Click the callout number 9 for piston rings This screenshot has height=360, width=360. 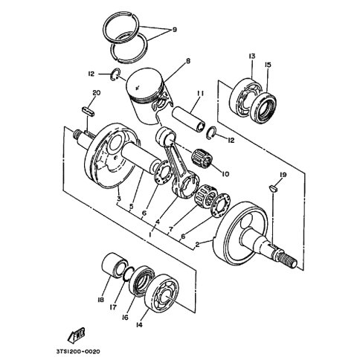click(x=175, y=30)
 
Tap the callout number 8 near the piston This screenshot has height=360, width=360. click(x=188, y=60)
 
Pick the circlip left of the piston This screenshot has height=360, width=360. click(x=115, y=74)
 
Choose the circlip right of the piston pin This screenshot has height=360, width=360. click(x=211, y=133)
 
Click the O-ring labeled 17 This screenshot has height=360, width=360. click(x=129, y=274)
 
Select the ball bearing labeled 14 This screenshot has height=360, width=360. click(x=161, y=292)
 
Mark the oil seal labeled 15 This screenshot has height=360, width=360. click(x=263, y=108)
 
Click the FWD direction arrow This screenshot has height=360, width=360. click(x=77, y=335)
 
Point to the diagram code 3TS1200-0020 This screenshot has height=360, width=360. click(x=77, y=352)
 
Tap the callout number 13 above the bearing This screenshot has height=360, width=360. click(x=251, y=57)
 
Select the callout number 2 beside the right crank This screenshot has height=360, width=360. click(x=198, y=244)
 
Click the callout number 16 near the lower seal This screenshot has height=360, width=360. click(x=125, y=317)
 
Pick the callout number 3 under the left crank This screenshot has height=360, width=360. click(x=119, y=199)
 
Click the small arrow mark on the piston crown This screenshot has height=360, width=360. click(x=136, y=87)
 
